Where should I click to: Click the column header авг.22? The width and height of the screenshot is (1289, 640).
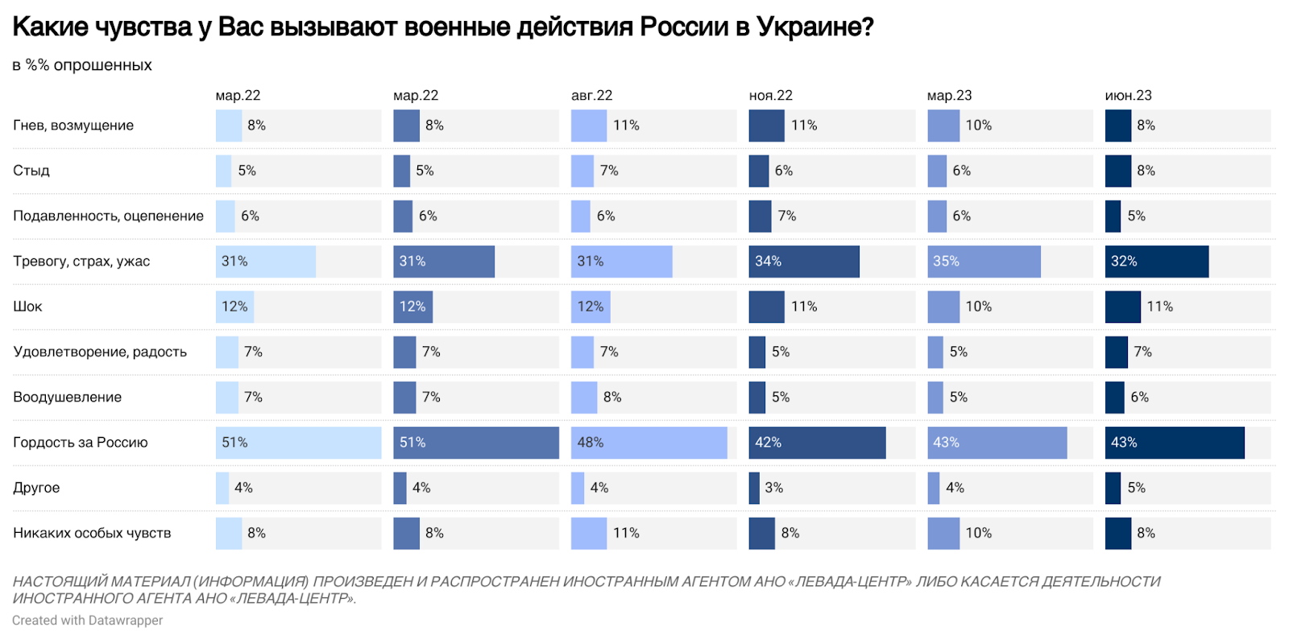pyautogui.click(x=591, y=95)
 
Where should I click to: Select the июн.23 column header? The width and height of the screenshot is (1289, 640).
pyautogui.click(x=1128, y=95)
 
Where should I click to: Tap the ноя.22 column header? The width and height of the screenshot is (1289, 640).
pyautogui.click(x=770, y=95)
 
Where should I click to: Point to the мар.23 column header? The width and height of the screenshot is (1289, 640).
pyautogui.click(x=949, y=95)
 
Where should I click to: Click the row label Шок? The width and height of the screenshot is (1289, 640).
pyautogui.click(x=27, y=307)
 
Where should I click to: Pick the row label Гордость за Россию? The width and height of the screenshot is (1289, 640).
pyautogui.click(x=81, y=442)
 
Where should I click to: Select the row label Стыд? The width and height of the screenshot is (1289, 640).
pyautogui.click(x=31, y=171)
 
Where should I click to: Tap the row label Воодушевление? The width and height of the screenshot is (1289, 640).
pyautogui.click(x=67, y=397)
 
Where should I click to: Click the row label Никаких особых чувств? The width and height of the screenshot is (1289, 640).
pyautogui.click(x=92, y=533)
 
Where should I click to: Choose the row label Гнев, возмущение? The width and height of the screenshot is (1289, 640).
pyautogui.click(x=73, y=126)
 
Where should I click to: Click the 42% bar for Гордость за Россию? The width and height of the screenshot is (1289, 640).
pyautogui.click(x=817, y=443)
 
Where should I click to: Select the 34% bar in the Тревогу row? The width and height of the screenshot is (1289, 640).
pyautogui.click(x=804, y=262)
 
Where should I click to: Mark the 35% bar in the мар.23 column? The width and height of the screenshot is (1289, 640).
pyautogui.click(x=984, y=262)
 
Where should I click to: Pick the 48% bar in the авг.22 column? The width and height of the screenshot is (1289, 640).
pyautogui.click(x=649, y=443)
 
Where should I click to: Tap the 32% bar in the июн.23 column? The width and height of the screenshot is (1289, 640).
pyautogui.click(x=1156, y=262)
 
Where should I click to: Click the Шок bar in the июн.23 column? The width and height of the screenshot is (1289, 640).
pyautogui.click(x=1122, y=307)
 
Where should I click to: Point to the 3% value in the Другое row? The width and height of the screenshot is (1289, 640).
pyautogui.click(x=774, y=488)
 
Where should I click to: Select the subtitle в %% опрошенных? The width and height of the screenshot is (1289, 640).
pyautogui.click(x=82, y=65)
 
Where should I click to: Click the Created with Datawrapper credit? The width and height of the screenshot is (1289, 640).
pyautogui.click(x=87, y=620)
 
